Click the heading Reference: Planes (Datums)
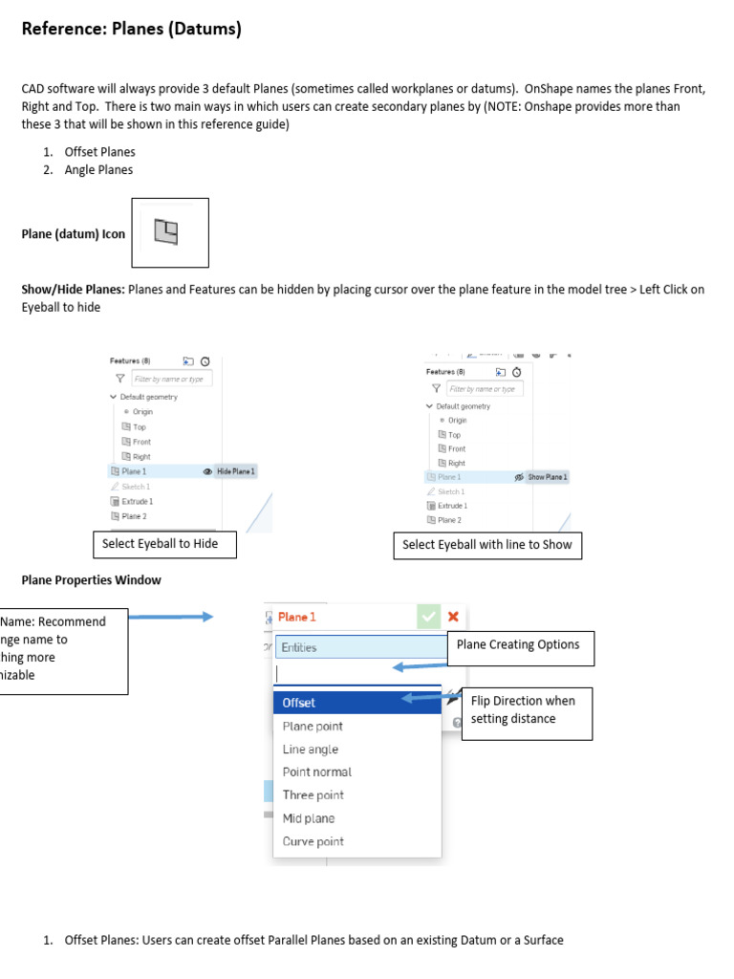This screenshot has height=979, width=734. tap(131, 30)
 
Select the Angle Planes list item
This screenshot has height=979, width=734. tap(98, 170)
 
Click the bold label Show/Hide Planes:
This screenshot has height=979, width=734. tap(73, 290)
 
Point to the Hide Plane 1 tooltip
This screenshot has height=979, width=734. tap(236, 471)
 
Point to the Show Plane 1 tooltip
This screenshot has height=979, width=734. tap(548, 477)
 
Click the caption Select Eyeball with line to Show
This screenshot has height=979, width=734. tap(487, 545)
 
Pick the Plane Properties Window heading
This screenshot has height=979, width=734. tap(91, 579)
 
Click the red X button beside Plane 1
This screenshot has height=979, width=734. tap(453, 617)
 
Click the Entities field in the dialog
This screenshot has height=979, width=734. tap(359, 647)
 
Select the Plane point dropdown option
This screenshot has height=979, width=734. tap(313, 727)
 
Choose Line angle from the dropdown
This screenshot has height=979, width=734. tap(311, 750)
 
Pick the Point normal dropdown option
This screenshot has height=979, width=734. tap(317, 772)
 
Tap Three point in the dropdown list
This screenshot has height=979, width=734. tap(313, 795)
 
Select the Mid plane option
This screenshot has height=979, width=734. tap(309, 818)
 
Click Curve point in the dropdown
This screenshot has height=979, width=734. tap(313, 842)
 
